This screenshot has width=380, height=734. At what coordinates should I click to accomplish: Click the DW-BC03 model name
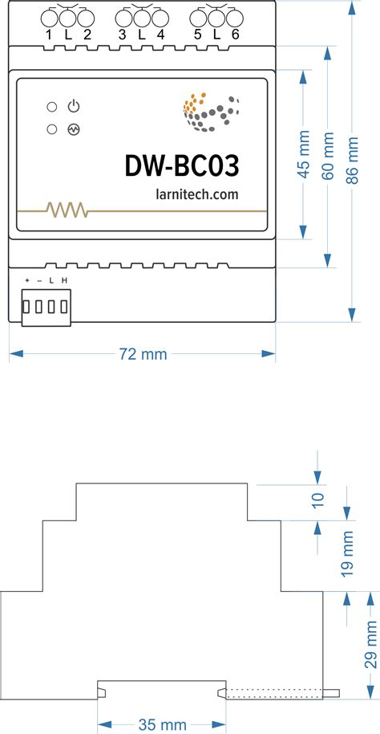click(x=182, y=165)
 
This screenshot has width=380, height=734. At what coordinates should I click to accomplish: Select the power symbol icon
click(x=74, y=107)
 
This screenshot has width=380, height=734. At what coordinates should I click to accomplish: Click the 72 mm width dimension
click(x=143, y=353)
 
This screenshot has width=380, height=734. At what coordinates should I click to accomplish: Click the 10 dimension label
click(x=318, y=500)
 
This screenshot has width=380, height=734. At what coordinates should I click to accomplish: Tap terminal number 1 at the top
click(x=49, y=35)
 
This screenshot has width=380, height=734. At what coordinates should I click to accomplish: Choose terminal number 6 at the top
click(x=235, y=35)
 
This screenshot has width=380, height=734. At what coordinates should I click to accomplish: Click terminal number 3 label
click(x=122, y=35)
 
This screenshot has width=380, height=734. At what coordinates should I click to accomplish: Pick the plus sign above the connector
click(x=26, y=279)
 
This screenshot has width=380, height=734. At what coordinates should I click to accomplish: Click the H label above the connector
click(x=64, y=279)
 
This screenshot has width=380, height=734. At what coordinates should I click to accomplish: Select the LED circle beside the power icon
click(x=52, y=107)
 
